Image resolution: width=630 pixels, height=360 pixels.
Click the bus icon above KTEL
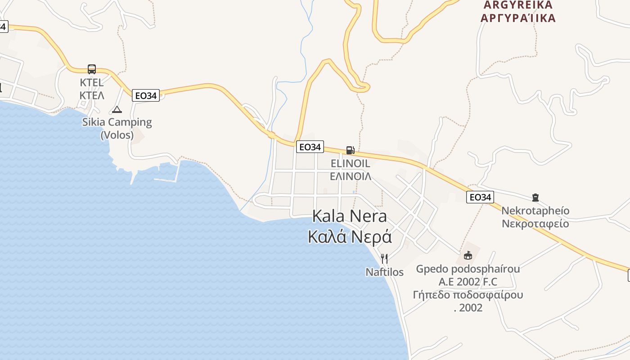92,69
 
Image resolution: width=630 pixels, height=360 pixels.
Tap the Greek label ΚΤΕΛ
92,95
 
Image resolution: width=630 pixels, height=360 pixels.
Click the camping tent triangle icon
117,109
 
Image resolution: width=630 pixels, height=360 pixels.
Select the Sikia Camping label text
117,122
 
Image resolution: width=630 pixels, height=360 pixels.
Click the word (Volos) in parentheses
117,135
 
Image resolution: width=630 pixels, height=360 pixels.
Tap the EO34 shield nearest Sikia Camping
146,95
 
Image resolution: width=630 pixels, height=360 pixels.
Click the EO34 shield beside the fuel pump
310,147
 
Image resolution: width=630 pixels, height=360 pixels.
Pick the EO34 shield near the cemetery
480,197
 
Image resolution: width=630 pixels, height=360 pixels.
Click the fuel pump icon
350,150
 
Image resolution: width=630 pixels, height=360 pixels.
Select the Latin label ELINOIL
351,163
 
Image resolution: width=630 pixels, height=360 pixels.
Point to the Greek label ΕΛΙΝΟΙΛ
351,176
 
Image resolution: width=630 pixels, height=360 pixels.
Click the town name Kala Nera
350,216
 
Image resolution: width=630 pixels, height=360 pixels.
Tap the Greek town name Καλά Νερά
350,237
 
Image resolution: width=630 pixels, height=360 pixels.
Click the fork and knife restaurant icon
384,258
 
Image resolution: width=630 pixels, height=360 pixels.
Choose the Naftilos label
384,272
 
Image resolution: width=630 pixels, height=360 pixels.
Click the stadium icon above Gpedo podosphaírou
468,256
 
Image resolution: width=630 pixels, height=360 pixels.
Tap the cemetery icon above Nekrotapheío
535,197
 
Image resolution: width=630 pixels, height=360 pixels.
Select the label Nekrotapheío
535,211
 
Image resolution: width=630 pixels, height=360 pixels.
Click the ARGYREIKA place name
518,5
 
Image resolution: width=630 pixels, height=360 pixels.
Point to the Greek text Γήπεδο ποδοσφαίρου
468,295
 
